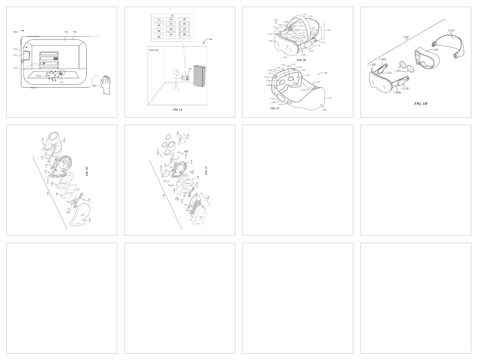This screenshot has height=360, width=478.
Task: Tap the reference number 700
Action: point(15,32)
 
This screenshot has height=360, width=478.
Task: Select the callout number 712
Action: point(15,55)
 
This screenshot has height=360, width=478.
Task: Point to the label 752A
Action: point(39,76)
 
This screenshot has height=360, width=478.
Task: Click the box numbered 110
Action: point(159,20)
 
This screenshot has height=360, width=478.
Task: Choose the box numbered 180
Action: point(184,34)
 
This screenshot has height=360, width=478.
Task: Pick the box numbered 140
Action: point(171,29)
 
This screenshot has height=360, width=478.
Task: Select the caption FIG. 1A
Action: point(177,109)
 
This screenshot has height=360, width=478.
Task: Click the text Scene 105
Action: point(154,50)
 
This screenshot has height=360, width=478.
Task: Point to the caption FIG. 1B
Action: point(301,60)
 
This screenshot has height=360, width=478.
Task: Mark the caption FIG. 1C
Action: point(275,108)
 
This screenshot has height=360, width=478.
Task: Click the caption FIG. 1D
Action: point(420,104)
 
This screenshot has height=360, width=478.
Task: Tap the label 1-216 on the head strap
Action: point(451,30)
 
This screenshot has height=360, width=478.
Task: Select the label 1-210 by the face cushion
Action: point(435,50)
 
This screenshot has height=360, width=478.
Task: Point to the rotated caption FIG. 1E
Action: point(87,171)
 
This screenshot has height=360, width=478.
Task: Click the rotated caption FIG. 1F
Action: point(206,170)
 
